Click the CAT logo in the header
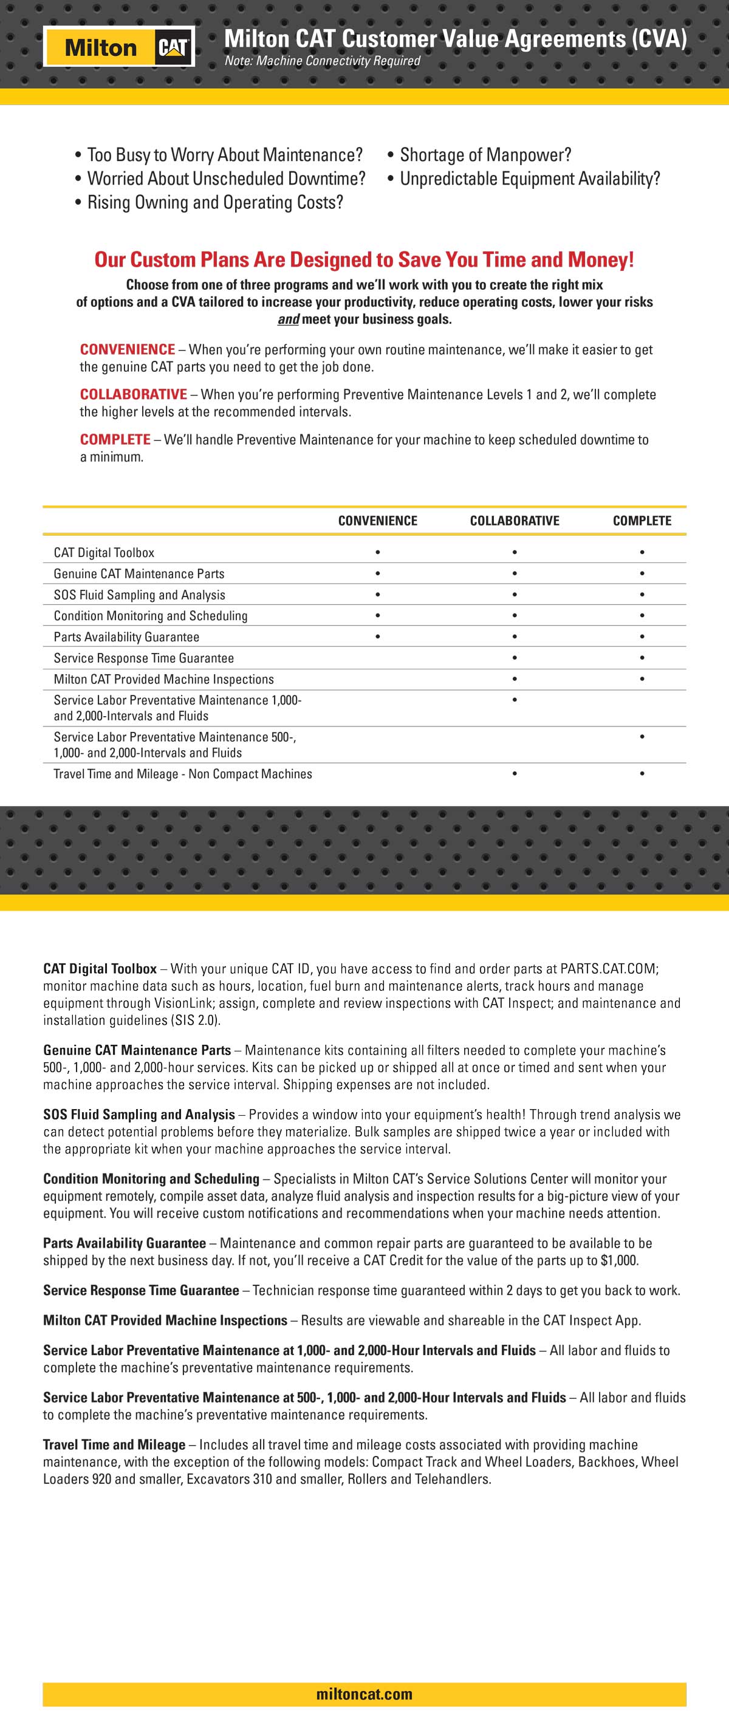[173, 47]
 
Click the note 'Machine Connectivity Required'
[323, 61]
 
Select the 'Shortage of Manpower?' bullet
[485, 155]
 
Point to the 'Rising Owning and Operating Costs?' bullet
[214, 202]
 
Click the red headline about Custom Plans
[364, 259]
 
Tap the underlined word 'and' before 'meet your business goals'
[288, 319]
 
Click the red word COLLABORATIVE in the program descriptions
[134, 394]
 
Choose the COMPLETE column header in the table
[642, 521]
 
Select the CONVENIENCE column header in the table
[377, 521]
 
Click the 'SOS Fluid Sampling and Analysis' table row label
[139, 595]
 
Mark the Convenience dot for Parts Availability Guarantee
[378, 637]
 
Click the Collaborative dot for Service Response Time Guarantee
[515, 658]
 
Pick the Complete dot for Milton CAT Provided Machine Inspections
[642, 679]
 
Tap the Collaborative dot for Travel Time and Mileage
[515, 773]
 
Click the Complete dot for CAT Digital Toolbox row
[642, 552]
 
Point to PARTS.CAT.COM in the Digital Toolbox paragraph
[609, 969]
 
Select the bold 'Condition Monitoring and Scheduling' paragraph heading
[151, 1179]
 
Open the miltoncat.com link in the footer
[364, 1694]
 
